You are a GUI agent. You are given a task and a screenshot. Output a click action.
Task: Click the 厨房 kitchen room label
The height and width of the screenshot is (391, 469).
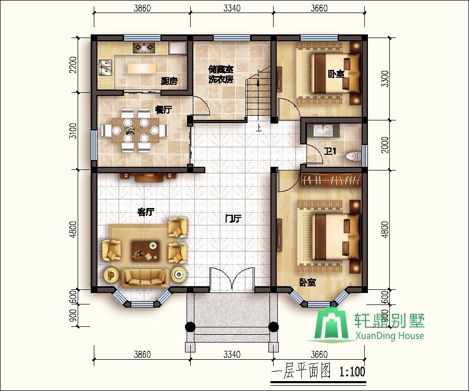point(169,81)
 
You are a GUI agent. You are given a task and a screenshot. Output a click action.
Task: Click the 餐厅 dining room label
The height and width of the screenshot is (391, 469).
point(164,110)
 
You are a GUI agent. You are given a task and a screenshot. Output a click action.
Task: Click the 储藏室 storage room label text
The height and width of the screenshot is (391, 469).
point(221,69)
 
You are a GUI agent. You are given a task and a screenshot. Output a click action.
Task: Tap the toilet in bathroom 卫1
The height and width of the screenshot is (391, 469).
point(353,156)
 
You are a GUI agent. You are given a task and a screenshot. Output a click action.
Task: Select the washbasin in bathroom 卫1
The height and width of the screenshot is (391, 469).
point(323,130)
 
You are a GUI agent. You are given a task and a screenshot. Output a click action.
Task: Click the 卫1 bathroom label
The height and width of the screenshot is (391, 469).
point(330,151)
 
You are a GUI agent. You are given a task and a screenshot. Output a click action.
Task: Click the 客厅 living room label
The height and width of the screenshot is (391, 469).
point(146,212)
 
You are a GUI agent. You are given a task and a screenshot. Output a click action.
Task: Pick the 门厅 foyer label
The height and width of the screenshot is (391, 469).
point(233,218)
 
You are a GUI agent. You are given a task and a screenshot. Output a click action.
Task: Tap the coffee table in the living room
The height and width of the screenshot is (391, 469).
point(145,251)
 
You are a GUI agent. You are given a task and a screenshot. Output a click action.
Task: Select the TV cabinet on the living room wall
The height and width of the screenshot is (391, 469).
point(149,177)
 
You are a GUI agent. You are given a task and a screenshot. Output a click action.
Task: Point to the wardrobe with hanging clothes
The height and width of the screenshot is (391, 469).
point(331,180)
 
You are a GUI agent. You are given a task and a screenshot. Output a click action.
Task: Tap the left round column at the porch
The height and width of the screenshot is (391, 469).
point(190,326)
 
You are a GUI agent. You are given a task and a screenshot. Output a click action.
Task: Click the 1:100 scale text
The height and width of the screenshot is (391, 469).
point(352,372)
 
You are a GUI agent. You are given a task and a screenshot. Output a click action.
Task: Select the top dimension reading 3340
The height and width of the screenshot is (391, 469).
point(232,8)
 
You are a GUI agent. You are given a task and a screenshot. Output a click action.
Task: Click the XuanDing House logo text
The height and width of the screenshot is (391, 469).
point(389,336)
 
